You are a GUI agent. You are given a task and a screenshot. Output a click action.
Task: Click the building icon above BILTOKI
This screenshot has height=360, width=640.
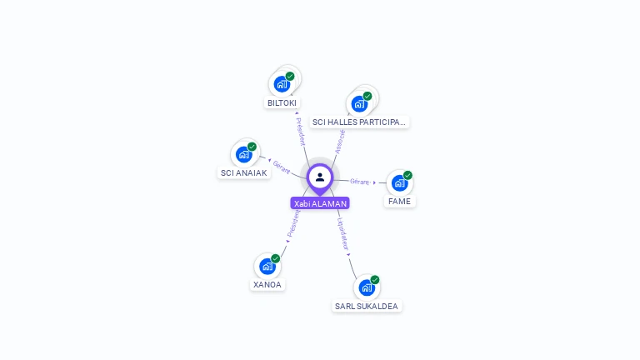click(282, 83)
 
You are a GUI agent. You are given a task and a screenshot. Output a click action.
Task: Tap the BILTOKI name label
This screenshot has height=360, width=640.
click(282, 103)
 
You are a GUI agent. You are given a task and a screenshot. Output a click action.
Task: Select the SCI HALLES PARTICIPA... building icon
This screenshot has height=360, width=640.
click(359, 104)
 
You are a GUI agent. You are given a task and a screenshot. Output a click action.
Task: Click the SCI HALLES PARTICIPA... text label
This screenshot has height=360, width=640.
click(359, 122)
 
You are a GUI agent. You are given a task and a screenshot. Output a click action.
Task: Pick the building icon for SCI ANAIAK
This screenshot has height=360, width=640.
click(244, 154)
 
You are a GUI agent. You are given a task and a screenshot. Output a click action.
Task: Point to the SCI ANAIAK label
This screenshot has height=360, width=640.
click(243, 173)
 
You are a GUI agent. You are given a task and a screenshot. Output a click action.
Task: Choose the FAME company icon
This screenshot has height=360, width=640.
click(400, 182)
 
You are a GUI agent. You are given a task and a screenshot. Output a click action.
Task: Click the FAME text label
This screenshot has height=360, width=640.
click(399, 202)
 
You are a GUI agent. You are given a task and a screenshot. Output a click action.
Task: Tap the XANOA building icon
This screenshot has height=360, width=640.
click(267, 266)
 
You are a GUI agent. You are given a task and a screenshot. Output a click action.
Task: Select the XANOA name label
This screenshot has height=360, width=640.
click(267, 285)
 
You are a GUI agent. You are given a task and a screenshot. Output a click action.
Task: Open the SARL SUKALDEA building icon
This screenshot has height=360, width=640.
click(367, 287)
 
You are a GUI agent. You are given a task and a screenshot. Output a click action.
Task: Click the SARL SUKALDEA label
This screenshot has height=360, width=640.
click(367, 307)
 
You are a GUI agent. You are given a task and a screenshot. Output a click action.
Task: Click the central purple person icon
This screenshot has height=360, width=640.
click(320, 177)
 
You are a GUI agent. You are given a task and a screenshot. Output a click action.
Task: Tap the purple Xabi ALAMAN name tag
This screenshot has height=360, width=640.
click(320, 203)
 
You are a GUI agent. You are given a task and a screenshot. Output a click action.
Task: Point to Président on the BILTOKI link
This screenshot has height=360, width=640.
click(301, 131)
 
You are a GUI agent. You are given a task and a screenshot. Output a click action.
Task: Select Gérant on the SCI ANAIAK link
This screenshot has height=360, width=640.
click(282, 167)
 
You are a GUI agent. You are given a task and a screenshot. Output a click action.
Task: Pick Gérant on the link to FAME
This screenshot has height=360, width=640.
click(360, 181)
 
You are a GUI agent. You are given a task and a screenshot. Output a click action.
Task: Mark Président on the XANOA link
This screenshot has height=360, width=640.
click(292, 224)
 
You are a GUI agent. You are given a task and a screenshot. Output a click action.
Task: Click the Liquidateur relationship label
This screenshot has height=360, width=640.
click(342, 234)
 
